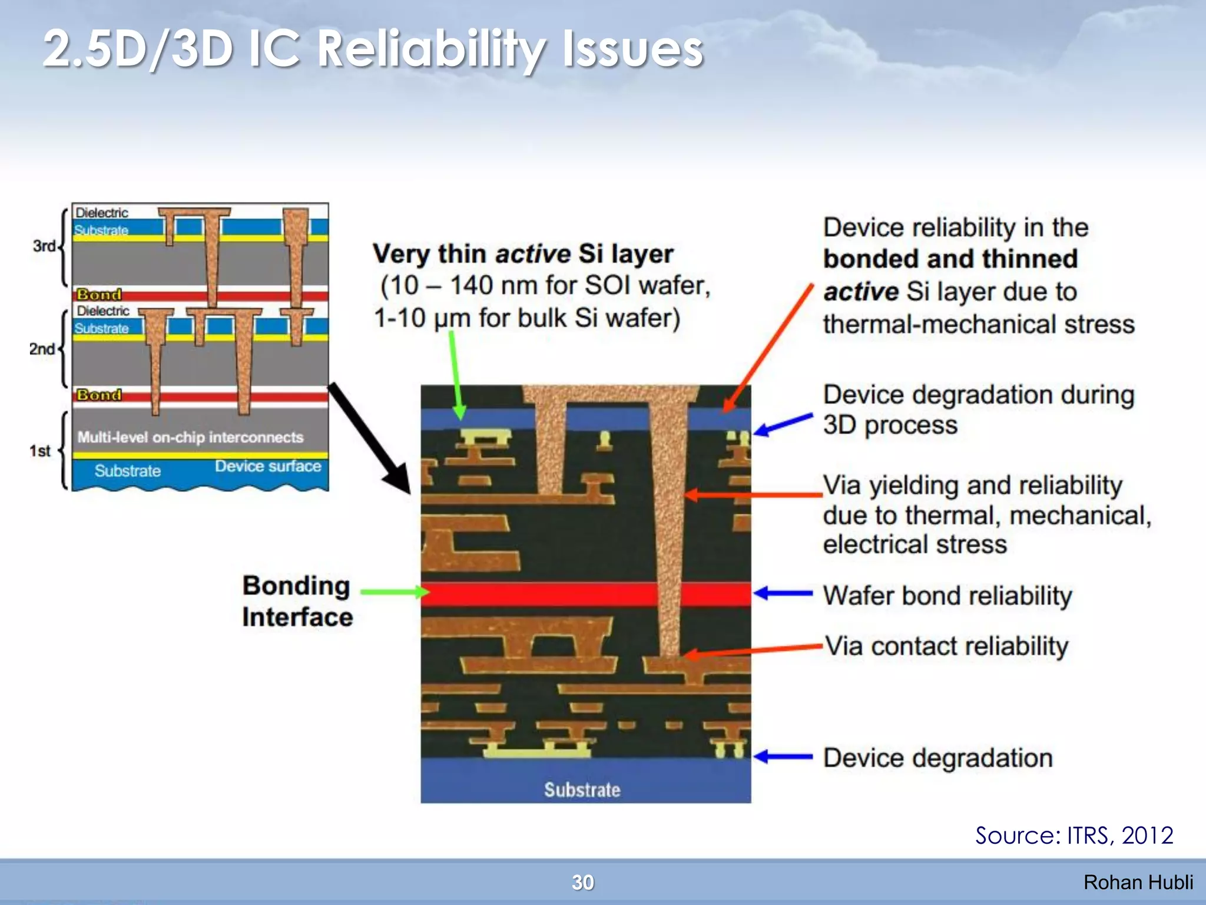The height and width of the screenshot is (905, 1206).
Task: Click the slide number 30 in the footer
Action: (582, 882)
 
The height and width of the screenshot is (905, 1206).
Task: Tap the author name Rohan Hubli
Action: (1138, 882)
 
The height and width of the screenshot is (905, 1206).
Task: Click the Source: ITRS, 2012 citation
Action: (1074, 835)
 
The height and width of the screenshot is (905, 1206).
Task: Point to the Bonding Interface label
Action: (297, 601)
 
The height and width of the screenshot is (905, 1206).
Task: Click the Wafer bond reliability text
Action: (947, 596)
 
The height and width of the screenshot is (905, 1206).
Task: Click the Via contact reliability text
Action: (946, 646)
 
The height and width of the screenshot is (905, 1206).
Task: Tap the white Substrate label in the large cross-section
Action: (582, 790)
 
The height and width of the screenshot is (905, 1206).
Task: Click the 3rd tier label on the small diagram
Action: (44, 246)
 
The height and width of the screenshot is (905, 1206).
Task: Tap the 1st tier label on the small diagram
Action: (40, 451)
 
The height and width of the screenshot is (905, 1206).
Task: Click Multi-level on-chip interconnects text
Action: (190, 437)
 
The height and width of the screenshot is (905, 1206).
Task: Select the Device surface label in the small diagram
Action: (268, 466)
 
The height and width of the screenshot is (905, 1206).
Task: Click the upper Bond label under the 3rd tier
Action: (99, 294)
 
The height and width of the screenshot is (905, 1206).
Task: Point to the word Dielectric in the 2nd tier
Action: (103, 311)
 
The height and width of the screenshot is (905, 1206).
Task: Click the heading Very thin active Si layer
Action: (523, 254)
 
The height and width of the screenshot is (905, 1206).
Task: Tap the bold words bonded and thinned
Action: (950, 259)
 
